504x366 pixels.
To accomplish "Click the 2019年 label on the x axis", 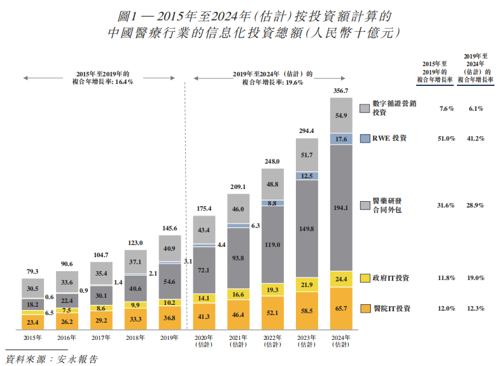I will click(170, 338).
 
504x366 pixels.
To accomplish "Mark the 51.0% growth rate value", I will click(447, 138).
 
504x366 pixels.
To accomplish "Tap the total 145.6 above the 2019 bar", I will click(170, 228).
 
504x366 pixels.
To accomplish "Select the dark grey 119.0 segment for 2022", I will click(272, 244).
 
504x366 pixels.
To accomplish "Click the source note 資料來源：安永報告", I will click(51, 359).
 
